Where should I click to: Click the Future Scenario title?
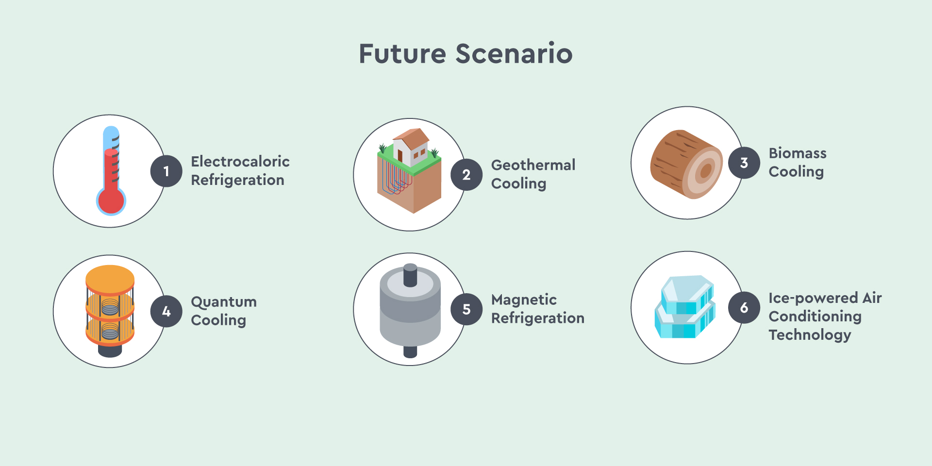(466, 53)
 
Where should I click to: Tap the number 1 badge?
(166, 171)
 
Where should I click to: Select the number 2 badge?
(466, 175)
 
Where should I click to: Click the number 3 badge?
(744, 163)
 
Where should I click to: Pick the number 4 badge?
(166, 311)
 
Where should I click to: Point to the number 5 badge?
(466, 309)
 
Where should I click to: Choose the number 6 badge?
(744, 308)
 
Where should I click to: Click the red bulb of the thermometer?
(111, 200)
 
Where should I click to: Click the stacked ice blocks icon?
(685, 307)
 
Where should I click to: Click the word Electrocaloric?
(240, 161)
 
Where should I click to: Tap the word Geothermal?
(533, 165)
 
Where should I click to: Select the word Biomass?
(798, 153)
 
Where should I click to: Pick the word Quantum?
(224, 302)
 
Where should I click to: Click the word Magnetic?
(524, 300)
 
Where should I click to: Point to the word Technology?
(810, 335)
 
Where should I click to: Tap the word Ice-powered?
(813, 298)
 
